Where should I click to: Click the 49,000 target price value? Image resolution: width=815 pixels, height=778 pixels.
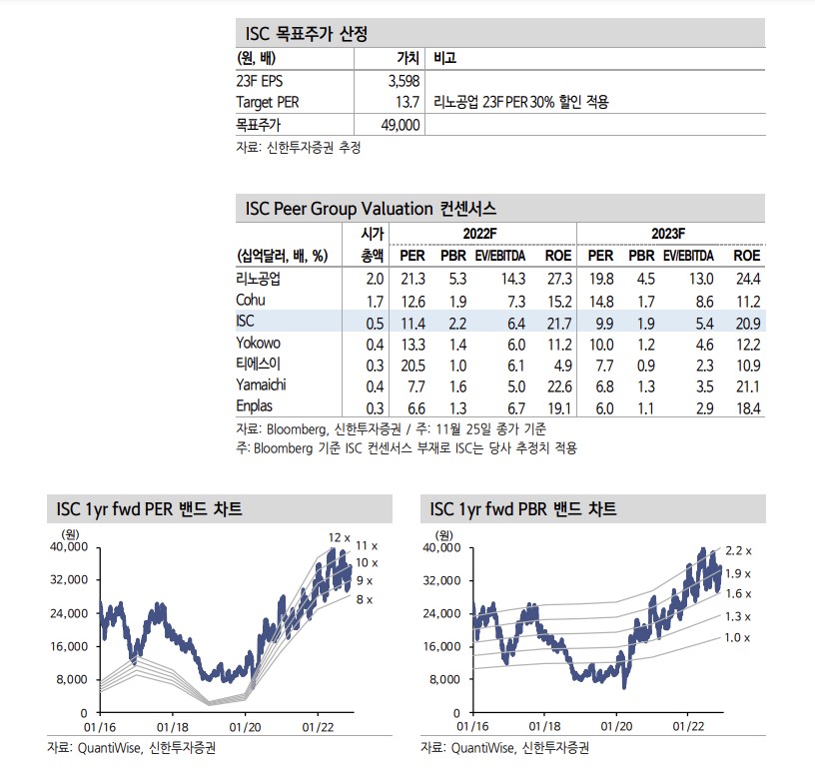coord(400,125)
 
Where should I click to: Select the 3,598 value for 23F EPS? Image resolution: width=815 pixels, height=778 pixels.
coord(403,81)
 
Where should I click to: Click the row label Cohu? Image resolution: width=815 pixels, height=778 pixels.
coord(251,300)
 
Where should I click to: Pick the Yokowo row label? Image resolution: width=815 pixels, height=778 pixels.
coord(258,343)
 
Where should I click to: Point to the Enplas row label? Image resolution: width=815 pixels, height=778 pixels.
coord(256,406)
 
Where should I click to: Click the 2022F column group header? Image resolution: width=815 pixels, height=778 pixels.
coord(479,233)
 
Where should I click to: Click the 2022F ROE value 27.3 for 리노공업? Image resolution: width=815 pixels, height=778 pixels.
coord(558,279)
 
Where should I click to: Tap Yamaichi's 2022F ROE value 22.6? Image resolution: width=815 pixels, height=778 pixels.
coord(558,386)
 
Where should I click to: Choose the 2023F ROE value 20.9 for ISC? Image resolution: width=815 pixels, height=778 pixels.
coord(746,322)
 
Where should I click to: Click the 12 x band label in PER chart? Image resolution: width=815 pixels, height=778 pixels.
coord(340,537)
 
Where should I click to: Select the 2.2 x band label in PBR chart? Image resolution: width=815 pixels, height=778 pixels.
coord(737,550)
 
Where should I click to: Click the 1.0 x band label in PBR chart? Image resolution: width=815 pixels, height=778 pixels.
coord(737,637)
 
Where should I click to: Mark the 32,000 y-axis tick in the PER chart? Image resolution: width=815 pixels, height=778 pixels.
coord(62,580)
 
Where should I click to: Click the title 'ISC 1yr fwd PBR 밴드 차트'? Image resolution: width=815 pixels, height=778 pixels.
coord(523,509)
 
